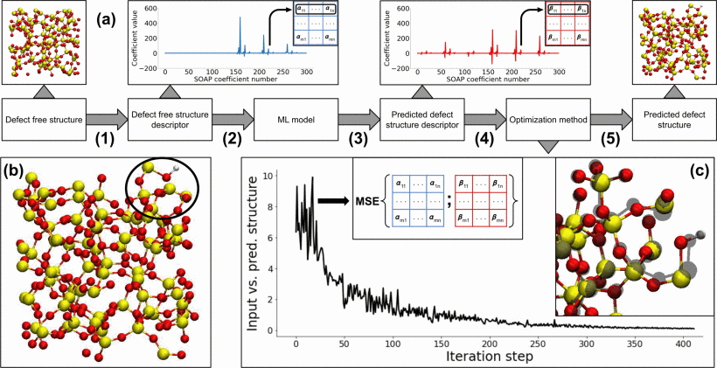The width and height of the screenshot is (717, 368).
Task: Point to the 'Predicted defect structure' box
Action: tap(674, 119)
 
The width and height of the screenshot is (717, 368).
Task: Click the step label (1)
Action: tap(102, 137)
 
